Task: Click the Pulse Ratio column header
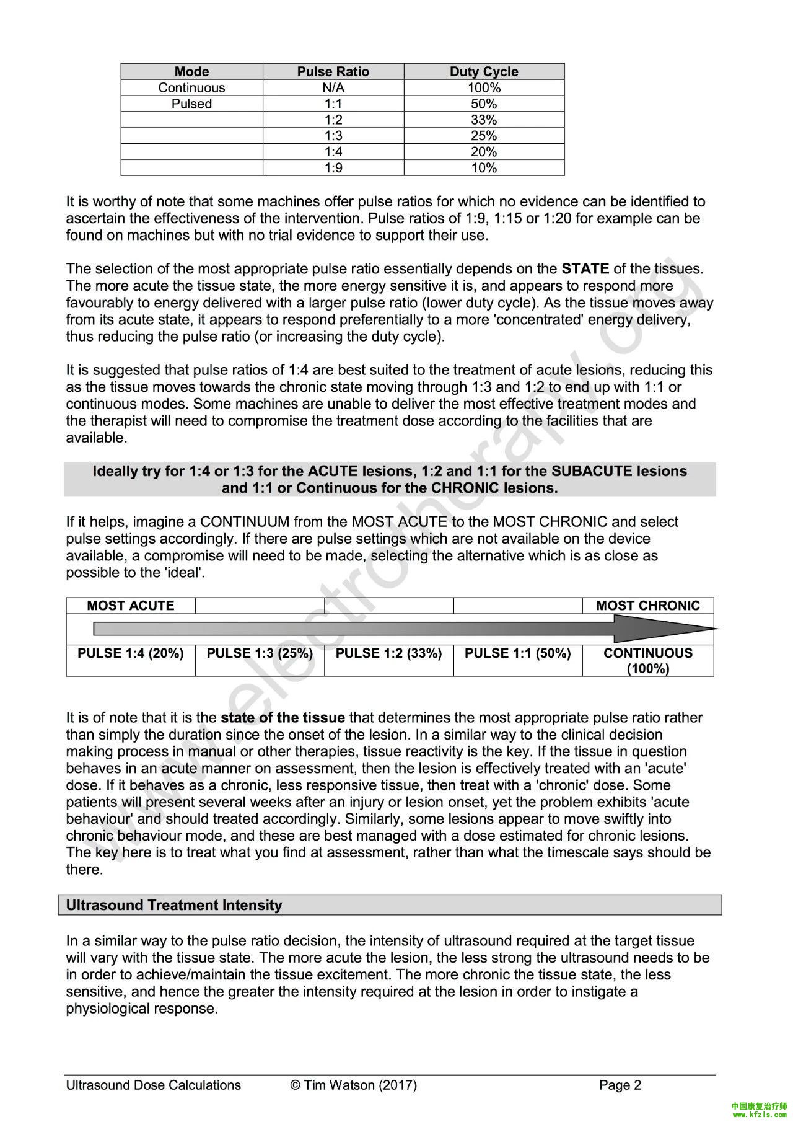click(x=333, y=71)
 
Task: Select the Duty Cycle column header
click(x=483, y=71)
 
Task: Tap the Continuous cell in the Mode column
click(x=191, y=87)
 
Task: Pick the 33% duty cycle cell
click(x=483, y=120)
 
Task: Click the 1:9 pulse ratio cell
click(x=333, y=168)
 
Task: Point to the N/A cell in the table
click(x=333, y=87)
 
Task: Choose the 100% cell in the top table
click(x=483, y=87)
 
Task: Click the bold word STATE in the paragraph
click(x=585, y=269)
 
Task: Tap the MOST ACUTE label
click(x=131, y=606)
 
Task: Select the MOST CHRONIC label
click(x=647, y=606)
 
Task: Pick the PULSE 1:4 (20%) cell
click(x=131, y=653)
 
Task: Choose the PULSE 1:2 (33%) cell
click(x=388, y=653)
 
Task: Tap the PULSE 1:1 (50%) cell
click(x=517, y=653)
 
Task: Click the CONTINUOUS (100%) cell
click(x=647, y=661)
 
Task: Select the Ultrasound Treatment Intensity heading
click(x=174, y=905)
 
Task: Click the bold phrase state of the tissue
click(x=283, y=718)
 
